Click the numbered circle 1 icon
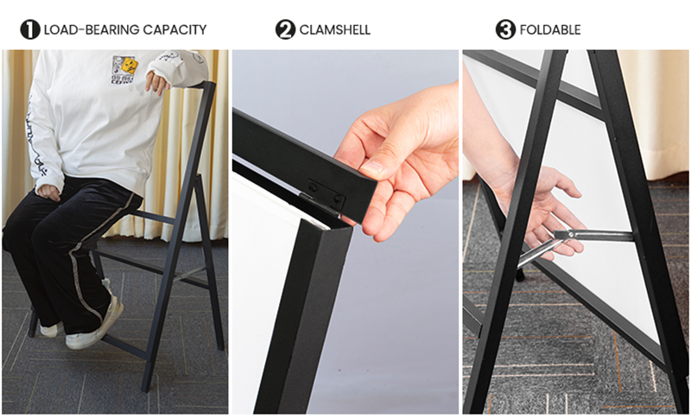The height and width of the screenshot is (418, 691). tap(30, 29)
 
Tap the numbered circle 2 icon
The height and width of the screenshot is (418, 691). tap(286, 29)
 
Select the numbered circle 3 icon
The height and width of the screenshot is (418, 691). tap(505, 29)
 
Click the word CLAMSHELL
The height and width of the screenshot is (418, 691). tap(335, 30)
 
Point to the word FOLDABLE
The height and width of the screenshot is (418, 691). tap(550, 30)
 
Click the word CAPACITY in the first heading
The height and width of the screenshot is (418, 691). tap(175, 30)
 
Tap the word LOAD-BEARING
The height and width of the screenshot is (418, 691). tap(92, 30)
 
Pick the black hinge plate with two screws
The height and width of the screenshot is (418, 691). tap(326, 195)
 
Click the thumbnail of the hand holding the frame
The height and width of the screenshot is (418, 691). tap(345, 231)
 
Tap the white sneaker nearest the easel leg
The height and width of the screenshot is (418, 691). tap(95, 325)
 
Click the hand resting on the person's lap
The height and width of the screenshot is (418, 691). tap(48, 192)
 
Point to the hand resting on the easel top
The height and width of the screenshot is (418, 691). tap(158, 81)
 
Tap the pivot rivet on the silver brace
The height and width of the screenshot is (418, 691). tap(571, 235)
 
